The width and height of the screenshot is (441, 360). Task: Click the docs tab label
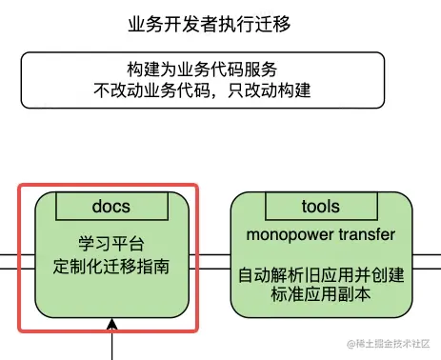pyautogui.click(x=111, y=206)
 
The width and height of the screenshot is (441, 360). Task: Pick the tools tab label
pyautogui.click(x=320, y=206)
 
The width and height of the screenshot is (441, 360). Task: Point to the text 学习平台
pyautogui.click(x=110, y=243)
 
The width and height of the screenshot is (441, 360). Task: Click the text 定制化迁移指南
pyautogui.click(x=110, y=266)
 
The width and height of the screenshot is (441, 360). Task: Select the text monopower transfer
pyautogui.click(x=321, y=233)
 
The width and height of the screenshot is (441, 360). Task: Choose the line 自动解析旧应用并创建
pyautogui.click(x=321, y=276)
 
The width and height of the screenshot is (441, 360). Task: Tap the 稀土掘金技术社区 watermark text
pyautogui.click(x=392, y=344)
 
